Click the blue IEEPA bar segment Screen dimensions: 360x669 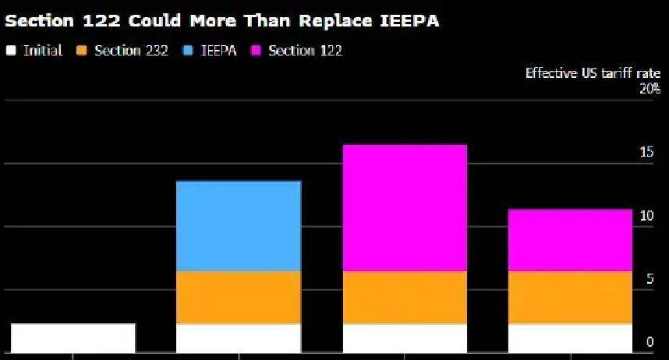click(x=239, y=226)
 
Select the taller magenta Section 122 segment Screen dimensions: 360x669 click(x=405, y=208)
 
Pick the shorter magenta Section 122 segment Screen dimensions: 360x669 click(x=570, y=240)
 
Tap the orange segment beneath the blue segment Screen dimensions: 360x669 click(x=239, y=297)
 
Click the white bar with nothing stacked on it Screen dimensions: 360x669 click(x=73, y=337)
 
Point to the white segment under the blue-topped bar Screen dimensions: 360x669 click(x=239, y=337)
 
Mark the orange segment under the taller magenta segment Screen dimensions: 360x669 click(x=405, y=297)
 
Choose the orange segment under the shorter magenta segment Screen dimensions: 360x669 click(x=570, y=297)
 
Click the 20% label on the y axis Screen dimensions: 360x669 click(x=650, y=89)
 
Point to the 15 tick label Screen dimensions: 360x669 click(x=646, y=152)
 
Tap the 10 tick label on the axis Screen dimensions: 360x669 click(x=646, y=215)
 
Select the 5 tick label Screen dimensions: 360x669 click(x=650, y=278)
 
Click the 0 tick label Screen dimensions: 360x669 click(x=650, y=342)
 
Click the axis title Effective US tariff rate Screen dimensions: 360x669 click(x=593, y=73)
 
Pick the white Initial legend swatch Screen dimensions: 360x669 click(x=11, y=51)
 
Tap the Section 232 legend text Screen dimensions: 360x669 click(x=131, y=51)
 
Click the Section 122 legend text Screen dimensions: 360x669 click(x=305, y=51)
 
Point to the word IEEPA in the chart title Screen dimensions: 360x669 click(x=409, y=21)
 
